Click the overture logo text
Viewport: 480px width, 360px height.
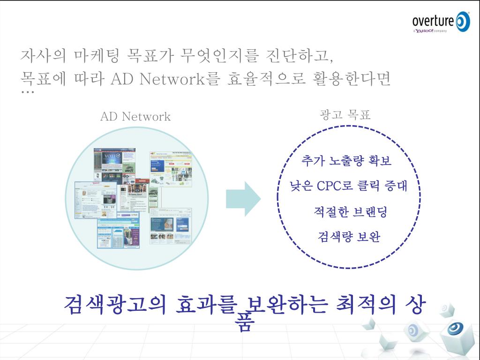point(433,21)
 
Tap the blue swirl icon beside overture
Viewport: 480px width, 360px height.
point(462,22)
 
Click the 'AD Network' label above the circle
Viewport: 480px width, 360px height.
point(135,117)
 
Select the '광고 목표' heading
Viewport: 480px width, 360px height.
point(345,115)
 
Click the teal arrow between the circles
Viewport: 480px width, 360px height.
point(243,199)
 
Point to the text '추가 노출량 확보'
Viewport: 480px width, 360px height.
point(347,161)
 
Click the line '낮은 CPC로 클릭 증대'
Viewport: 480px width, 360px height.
point(349,186)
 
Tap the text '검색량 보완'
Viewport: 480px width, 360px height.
point(349,237)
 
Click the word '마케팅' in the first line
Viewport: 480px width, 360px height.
point(97,56)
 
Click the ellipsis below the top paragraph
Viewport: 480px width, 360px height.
point(28,92)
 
